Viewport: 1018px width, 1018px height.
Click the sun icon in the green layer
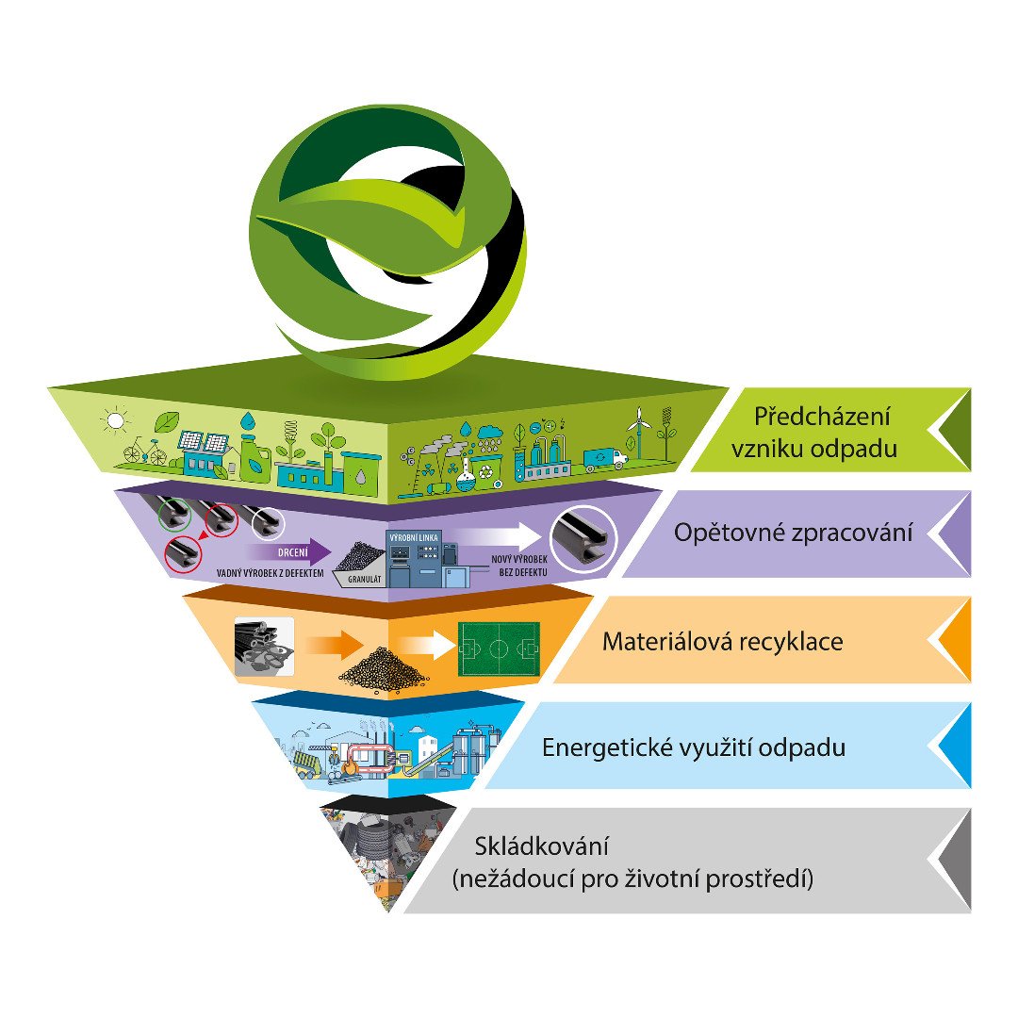click(x=116, y=420)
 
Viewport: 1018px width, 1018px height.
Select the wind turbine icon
click(x=638, y=431)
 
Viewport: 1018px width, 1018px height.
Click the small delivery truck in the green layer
click(x=605, y=459)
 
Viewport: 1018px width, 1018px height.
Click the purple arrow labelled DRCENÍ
click(x=287, y=552)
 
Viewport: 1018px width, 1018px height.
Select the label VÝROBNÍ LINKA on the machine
click(x=414, y=537)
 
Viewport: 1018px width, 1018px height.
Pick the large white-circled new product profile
click(x=583, y=538)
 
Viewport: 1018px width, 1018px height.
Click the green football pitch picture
click(x=499, y=649)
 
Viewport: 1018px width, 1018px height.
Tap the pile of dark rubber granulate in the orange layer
click(x=383, y=668)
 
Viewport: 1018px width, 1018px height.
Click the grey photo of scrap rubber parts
click(x=264, y=646)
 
